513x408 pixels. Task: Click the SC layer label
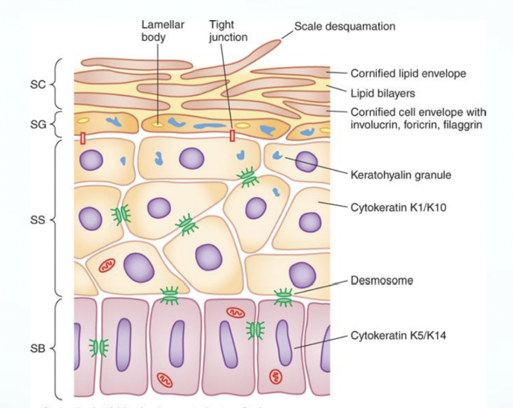[37, 83]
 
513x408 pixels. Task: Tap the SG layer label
[37, 125]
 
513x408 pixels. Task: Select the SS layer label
[37, 219]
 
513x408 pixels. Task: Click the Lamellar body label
[163, 30]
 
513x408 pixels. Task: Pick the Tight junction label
[228, 30]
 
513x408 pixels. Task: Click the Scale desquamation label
[345, 26]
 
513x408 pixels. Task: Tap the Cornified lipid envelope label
[408, 74]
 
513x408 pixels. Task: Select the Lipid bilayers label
[382, 94]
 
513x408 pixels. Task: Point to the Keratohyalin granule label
[401, 175]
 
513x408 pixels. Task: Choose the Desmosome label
[382, 281]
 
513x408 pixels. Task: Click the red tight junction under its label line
[232, 135]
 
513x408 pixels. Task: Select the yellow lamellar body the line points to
[158, 125]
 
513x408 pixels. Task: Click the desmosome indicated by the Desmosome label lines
[283, 297]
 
